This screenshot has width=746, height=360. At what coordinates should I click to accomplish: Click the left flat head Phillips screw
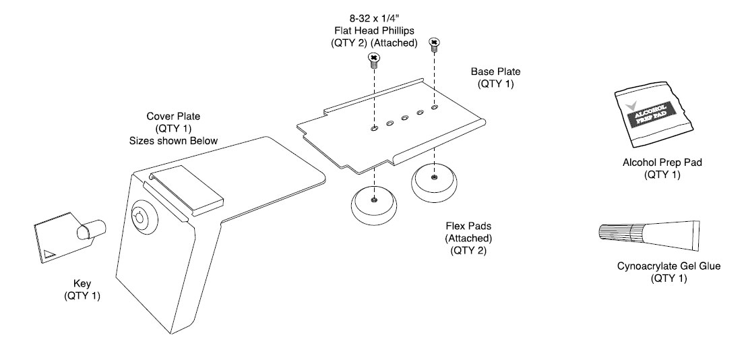(x=373, y=61)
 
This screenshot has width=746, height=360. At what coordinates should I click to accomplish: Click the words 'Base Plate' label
(x=495, y=71)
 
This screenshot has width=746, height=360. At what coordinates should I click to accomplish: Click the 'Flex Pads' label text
(x=468, y=227)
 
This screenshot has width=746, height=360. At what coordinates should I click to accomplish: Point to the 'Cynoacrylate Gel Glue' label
(x=669, y=266)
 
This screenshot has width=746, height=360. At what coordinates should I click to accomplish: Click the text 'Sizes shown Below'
(x=168, y=141)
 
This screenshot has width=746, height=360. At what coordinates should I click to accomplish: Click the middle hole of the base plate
(x=404, y=118)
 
